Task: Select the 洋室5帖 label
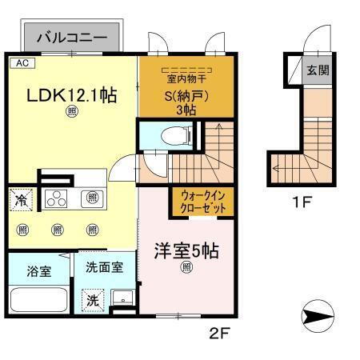pos(186,250)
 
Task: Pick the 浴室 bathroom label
pos(40,271)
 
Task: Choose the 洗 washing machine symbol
pos(92,302)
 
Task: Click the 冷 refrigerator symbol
pos(22,200)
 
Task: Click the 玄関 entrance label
pos(317,70)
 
